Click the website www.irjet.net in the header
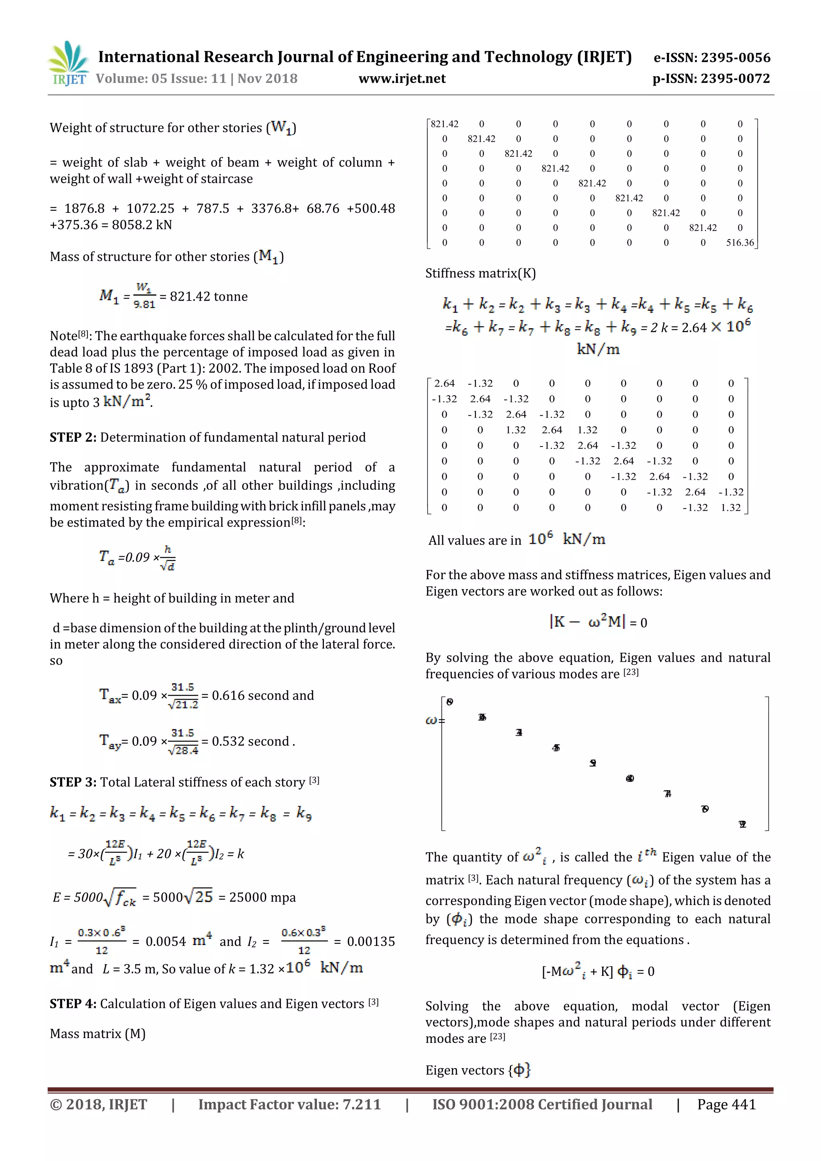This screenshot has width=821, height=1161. (402, 79)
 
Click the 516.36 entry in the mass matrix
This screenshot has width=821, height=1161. (740, 243)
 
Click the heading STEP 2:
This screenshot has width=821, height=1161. (73, 437)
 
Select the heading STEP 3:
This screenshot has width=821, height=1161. (73, 782)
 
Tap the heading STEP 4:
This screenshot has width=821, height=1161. (73, 1004)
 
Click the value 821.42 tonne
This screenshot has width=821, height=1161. (208, 297)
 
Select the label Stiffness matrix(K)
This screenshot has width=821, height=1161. (480, 274)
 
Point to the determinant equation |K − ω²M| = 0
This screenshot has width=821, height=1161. (598, 622)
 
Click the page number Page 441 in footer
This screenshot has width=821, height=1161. (726, 1104)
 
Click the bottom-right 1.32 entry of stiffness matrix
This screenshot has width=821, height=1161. (730, 508)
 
